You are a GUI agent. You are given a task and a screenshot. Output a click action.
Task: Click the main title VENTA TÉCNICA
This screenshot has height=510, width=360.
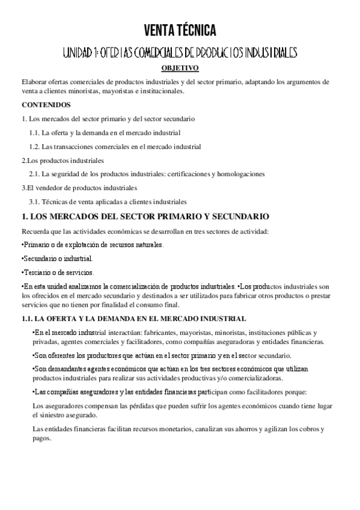tap(180, 30)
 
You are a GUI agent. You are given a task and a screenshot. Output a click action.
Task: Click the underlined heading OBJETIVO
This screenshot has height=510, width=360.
tap(180, 69)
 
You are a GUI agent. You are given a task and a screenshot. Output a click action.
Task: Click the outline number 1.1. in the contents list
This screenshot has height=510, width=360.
tap(34, 132)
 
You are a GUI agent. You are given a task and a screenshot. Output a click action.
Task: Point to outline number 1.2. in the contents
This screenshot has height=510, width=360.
tap(34, 147)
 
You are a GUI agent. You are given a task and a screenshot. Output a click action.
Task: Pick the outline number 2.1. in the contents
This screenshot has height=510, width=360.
tap(34, 174)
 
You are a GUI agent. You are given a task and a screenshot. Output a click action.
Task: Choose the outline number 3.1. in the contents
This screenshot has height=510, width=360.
tap(34, 201)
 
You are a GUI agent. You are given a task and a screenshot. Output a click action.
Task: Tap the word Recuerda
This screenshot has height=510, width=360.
tap(35, 231)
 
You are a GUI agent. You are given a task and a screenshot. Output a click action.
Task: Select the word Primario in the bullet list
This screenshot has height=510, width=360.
tap(37, 245)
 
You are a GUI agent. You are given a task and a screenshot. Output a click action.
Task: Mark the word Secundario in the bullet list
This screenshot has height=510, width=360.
tap(40, 259)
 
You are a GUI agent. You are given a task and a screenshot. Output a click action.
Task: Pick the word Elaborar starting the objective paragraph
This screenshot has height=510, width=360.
tap(35, 82)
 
